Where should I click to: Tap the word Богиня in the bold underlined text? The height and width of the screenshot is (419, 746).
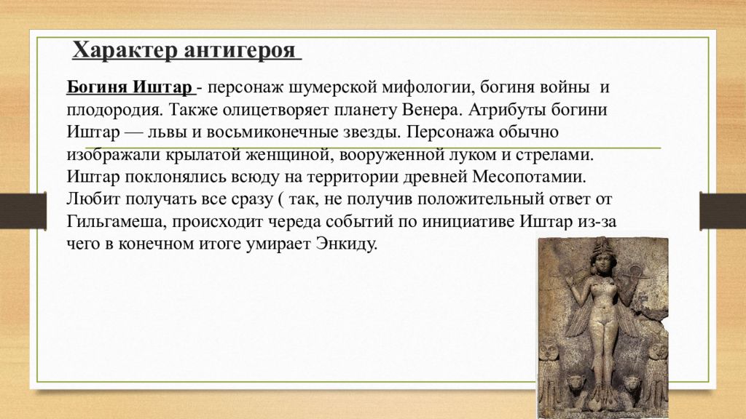(98, 89)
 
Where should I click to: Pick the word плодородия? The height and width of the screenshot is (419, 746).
(107, 111)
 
